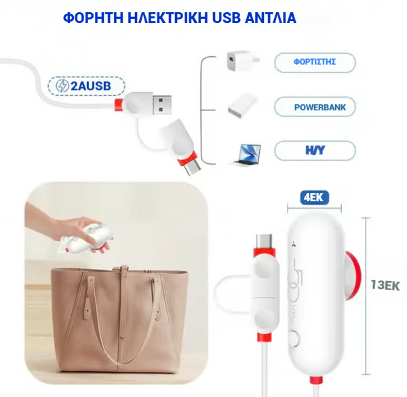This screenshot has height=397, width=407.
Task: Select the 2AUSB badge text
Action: [x=91, y=86]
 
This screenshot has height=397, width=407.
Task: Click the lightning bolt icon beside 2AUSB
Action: [x=62, y=86]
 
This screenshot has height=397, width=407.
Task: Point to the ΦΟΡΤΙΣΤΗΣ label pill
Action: [x=315, y=62]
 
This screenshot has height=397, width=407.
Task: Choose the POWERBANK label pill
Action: [x=315, y=107]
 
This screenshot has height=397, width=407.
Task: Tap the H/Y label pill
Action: [x=315, y=150]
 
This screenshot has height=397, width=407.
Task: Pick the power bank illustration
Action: [x=242, y=105]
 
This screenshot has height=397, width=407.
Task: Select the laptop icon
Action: [x=248, y=154]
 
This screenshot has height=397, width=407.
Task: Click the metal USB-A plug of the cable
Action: [x=161, y=105]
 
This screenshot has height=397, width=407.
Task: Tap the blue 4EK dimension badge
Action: [x=314, y=198]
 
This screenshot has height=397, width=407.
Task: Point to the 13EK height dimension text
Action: [x=385, y=285]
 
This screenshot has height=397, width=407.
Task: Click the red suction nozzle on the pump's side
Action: [x=353, y=275]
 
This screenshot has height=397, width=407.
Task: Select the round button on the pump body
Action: [x=295, y=338]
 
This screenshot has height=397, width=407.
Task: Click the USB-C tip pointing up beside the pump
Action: [x=265, y=241]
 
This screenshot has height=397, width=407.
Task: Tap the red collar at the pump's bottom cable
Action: [x=316, y=381]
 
